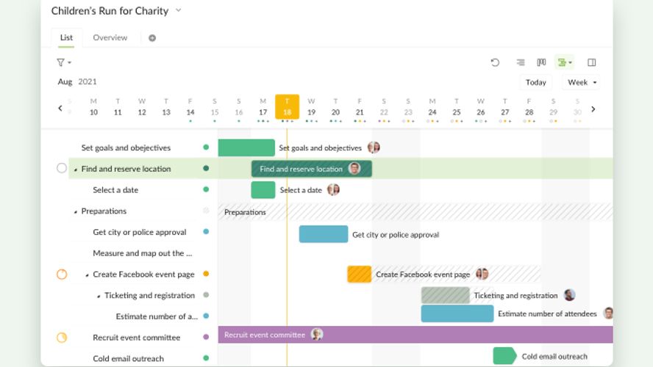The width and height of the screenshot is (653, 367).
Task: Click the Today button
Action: pos(535,82)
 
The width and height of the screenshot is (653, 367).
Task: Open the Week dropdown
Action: pos(582,82)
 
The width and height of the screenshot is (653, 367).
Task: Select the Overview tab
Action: pos(110,37)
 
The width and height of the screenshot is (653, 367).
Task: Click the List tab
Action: pos(66,37)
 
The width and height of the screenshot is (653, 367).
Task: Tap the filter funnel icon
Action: pos(61,62)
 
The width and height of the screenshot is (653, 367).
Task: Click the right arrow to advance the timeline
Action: pos(593,109)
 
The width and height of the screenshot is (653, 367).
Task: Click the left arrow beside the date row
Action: pos(60,109)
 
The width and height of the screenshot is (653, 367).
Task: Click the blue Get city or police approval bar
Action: pos(323,234)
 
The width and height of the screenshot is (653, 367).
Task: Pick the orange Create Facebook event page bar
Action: pos(359,275)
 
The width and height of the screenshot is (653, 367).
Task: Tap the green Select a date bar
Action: pos(263,190)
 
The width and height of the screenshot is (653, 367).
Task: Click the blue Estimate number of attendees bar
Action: pos(457,313)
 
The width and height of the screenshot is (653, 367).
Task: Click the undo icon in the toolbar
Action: pos(495,62)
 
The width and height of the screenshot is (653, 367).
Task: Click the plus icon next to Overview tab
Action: pos(152,38)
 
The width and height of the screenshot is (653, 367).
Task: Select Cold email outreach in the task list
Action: pos(128,358)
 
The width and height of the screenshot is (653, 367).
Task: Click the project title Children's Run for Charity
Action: pos(110,11)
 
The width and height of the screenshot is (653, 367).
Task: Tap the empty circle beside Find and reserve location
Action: pos(62,168)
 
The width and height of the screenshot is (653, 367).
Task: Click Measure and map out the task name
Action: pos(143,253)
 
